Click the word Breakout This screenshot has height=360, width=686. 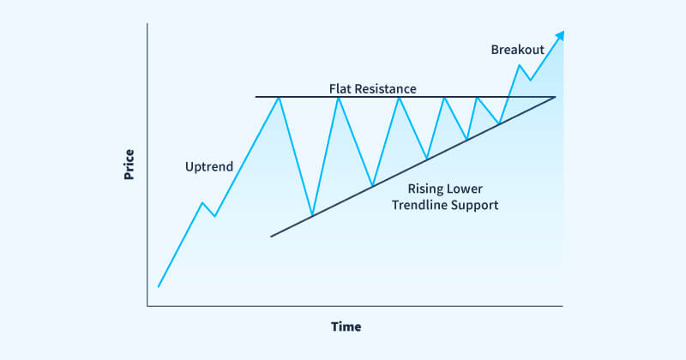[x=518, y=50]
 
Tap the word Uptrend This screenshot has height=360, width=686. [x=209, y=166]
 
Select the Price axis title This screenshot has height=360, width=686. [x=129, y=165]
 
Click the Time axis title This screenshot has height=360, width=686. [x=346, y=327]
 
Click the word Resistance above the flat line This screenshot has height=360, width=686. [x=388, y=88]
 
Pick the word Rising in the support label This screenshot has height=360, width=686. [x=425, y=189]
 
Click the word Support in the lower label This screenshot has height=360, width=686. [x=478, y=206]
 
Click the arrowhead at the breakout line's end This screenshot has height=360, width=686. [x=561, y=34]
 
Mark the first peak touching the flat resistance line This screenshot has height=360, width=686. [x=279, y=97]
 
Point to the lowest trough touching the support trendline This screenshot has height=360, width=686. [x=312, y=214]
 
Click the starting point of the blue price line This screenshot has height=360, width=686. [x=159, y=286]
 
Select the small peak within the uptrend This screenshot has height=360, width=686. [x=202, y=203]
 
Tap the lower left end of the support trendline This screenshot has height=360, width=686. [x=271, y=236]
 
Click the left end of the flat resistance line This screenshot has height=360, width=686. [x=256, y=97]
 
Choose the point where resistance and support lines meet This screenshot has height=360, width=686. [x=556, y=97]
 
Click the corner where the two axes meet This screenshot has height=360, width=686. [x=147, y=305]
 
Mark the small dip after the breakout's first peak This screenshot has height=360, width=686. [x=530, y=81]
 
